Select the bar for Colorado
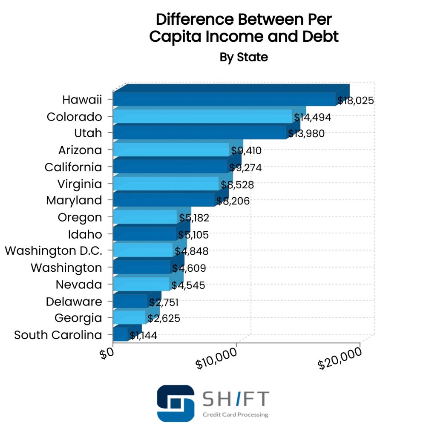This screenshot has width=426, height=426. [202, 116]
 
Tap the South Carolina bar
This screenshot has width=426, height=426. [120, 334]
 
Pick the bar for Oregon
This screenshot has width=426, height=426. [145, 217]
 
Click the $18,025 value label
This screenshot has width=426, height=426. [355, 101]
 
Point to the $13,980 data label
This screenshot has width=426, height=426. [306, 133]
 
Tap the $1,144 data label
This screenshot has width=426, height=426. [143, 335]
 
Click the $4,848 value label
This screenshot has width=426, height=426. [191, 251]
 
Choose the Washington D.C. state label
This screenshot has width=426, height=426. [54, 251]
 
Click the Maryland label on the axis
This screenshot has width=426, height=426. [74, 200]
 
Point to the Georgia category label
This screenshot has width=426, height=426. [78, 318]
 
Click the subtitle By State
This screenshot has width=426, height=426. [244, 57]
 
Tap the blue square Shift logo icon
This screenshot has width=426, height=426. [175, 403]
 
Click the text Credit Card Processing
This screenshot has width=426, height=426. [235, 414]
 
